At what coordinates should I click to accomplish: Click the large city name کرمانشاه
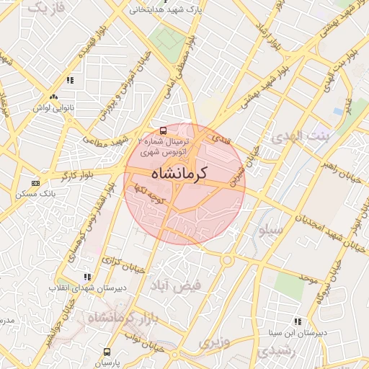pos(179,174)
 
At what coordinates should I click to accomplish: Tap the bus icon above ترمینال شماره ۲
pos(164,130)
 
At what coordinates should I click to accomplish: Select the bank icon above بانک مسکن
pos(35,183)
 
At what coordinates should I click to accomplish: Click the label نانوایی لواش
pos(53,108)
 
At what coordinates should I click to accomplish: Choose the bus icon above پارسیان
pos(107,352)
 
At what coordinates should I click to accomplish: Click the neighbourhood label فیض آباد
pos(175,285)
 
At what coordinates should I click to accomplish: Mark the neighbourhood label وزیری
pos(214,342)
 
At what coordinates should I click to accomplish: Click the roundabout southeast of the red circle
pos(227,259)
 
